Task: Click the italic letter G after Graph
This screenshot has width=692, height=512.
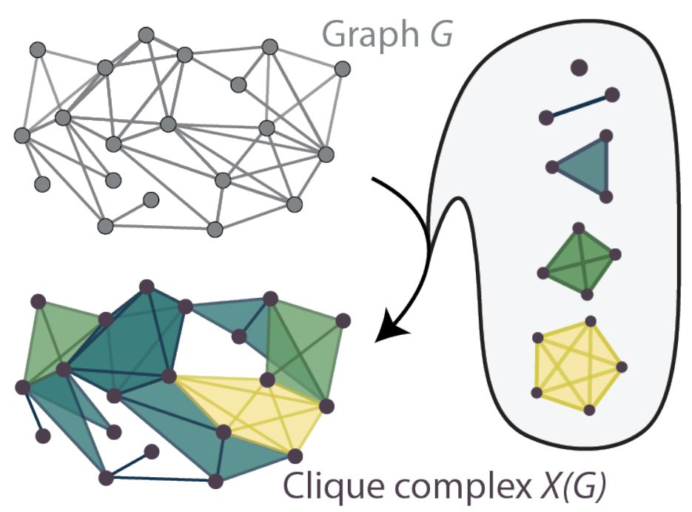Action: [x=443, y=33]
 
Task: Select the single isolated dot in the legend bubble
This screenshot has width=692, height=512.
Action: [x=579, y=67]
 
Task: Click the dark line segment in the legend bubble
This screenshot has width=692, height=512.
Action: [x=579, y=105]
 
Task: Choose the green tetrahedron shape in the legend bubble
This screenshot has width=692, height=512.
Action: [x=579, y=260]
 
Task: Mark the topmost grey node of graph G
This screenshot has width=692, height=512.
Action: [x=146, y=34]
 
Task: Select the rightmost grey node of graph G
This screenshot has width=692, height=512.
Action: [x=342, y=69]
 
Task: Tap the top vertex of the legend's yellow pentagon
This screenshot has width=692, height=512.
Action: [x=590, y=321]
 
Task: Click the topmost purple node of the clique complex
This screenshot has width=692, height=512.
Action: [x=147, y=285]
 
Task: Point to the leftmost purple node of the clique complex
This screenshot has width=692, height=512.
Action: [x=21, y=386]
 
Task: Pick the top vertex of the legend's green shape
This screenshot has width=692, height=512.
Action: [x=580, y=227]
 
